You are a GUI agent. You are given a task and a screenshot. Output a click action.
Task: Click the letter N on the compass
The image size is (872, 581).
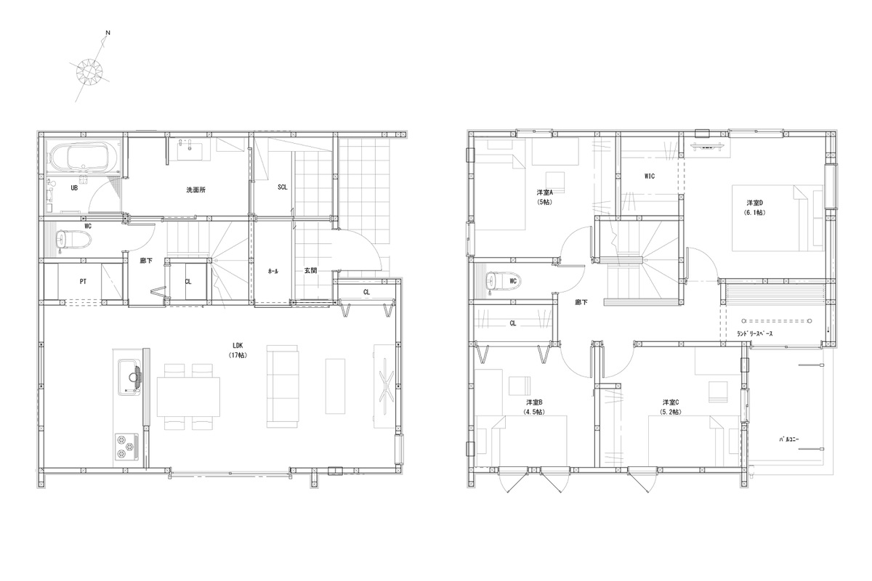pos(108,33)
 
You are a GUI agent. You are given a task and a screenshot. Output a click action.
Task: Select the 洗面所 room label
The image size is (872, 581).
pos(195,190)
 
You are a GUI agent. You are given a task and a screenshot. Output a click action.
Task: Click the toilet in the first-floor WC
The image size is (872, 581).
pos(73,240)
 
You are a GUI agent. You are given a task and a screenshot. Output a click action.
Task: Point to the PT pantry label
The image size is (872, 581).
pos(83,281)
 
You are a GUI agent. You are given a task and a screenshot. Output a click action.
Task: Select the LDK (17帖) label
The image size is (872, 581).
pos(238,350)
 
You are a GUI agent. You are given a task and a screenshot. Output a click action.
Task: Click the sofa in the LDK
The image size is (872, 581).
pos(282,386)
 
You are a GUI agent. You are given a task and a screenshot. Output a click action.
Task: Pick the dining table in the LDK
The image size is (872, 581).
pos(188,397)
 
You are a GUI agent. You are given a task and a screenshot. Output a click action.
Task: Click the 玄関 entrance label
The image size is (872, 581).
pos(310,270)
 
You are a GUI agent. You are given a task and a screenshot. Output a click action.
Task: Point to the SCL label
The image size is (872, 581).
pos(283,187)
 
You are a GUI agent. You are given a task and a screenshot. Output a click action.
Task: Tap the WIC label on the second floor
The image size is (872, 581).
pos(650,176)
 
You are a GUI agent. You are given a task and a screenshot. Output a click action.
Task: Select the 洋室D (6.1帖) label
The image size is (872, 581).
pos(754,208)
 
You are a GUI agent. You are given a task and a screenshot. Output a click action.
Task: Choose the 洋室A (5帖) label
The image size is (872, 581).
pos(544,197)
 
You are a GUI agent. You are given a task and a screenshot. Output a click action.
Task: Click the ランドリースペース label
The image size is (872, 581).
pos(755,333)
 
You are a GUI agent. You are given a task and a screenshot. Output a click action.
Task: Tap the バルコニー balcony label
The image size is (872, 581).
pos(789,439)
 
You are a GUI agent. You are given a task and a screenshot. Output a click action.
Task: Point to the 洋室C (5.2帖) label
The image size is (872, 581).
pos(671,407)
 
